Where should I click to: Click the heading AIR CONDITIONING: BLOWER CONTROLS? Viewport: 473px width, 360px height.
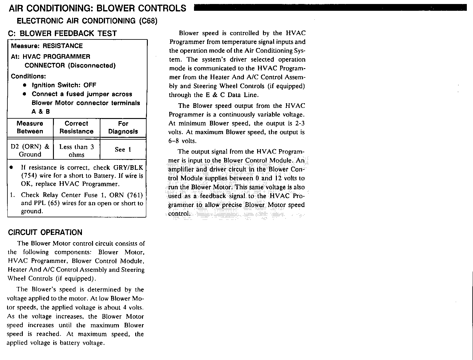(x=98, y=8)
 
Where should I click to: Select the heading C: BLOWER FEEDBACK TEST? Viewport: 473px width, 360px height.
(x=63, y=33)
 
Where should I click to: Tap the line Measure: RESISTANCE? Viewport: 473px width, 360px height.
(x=47, y=46)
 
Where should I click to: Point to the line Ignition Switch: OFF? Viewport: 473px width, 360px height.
(x=64, y=85)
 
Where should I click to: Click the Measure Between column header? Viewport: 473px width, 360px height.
(x=30, y=127)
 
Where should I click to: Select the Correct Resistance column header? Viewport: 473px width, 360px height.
(x=76, y=127)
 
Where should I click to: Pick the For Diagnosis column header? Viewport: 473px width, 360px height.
(x=123, y=127)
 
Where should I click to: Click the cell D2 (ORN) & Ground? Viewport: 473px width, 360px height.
(x=30, y=150)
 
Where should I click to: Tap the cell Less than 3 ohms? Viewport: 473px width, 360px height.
(x=76, y=150)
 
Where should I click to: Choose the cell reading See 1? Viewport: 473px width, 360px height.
(x=123, y=149)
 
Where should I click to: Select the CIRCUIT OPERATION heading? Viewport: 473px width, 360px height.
(x=45, y=232)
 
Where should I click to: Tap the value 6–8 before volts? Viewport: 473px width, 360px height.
(x=175, y=141)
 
